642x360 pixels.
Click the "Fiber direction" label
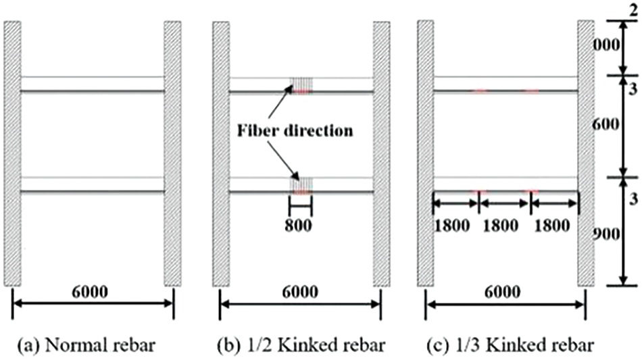tap(295, 130)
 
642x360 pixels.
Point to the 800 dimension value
tap(300, 225)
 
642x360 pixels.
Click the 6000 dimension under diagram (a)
tap(94, 291)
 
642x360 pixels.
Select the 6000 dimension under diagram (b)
tap(301, 291)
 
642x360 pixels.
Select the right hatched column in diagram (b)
tap(382, 153)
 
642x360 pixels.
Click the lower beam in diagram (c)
tap(505, 184)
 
